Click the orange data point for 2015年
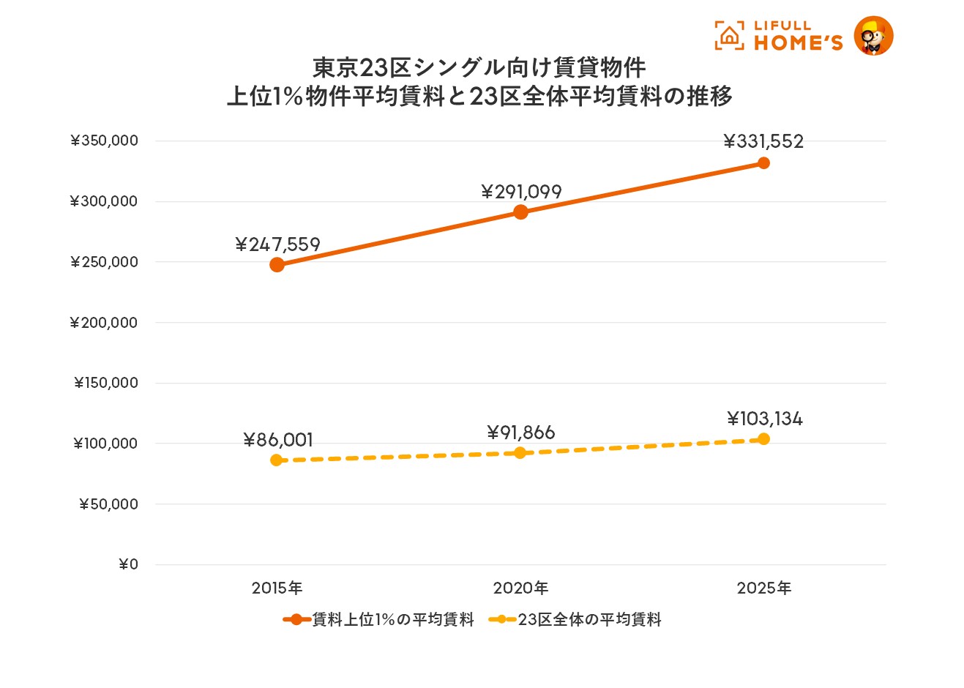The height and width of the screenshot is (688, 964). pos(277,264)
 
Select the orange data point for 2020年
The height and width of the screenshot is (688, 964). pos(520,212)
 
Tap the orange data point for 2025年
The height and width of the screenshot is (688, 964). pos(763,162)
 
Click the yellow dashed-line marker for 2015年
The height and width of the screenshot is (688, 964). pos(277,460)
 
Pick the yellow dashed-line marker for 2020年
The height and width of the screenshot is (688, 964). pos(520,453)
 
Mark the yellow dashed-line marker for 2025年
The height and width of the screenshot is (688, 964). pos(763,439)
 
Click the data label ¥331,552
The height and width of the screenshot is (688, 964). pos(763,141)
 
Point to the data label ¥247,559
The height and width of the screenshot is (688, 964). pos(278,244)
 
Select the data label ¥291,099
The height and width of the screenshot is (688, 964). pos(521,192)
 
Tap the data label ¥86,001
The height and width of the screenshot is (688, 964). pos(278,440)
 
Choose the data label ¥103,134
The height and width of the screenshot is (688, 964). pos(765,419)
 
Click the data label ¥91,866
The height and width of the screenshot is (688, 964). pos(521,433)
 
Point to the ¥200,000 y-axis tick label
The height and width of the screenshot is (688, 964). pos(104,323)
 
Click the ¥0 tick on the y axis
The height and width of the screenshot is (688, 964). pos(128,564)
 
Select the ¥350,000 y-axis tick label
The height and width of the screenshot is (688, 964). pos(104,141)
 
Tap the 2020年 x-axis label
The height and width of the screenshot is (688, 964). pos(520,588)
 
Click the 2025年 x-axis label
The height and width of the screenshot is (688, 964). pos(763,588)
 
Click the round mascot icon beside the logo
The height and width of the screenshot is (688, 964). pos(873,36)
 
